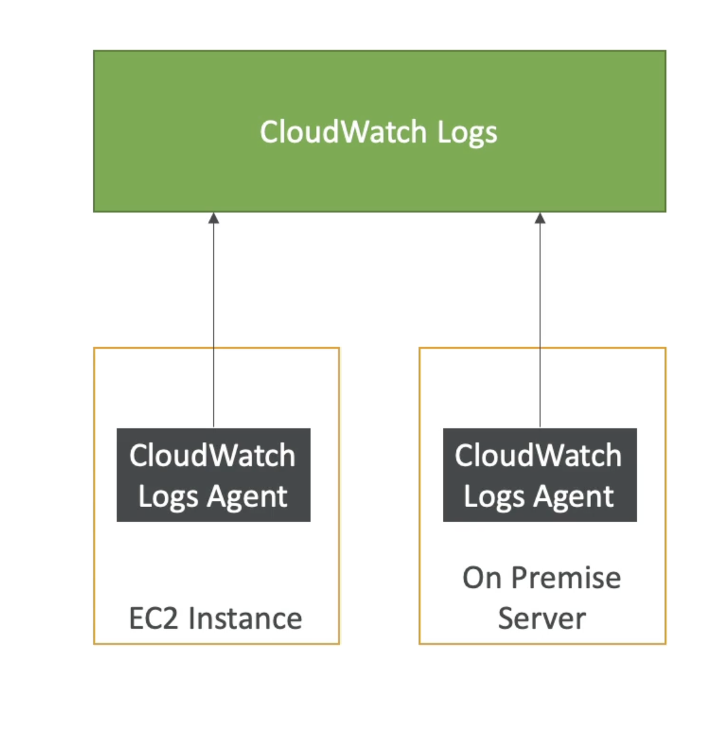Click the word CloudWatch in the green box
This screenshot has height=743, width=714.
[x=343, y=132]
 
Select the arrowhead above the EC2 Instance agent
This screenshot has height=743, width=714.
[x=214, y=218]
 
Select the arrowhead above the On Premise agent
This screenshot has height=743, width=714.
[x=540, y=218]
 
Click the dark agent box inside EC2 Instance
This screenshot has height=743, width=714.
[x=213, y=475]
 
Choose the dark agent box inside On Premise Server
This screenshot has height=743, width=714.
[x=540, y=475]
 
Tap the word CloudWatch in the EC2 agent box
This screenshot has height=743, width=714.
[x=213, y=455]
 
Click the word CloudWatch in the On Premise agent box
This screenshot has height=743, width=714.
[x=538, y=455]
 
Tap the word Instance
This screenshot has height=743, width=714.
[x=245, y=619]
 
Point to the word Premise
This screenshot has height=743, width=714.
[x=566, y=578]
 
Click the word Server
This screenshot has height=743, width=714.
[x=542, y=619]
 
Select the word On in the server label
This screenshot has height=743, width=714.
[x=482, y=578]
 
